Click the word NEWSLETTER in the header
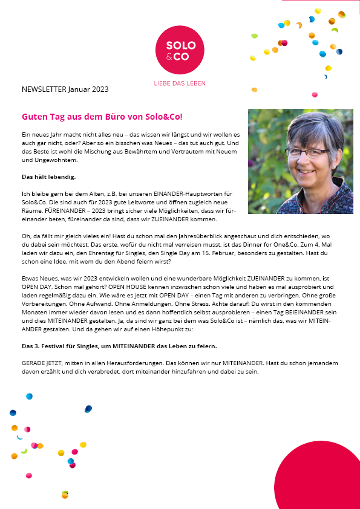(x=44, y=89)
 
